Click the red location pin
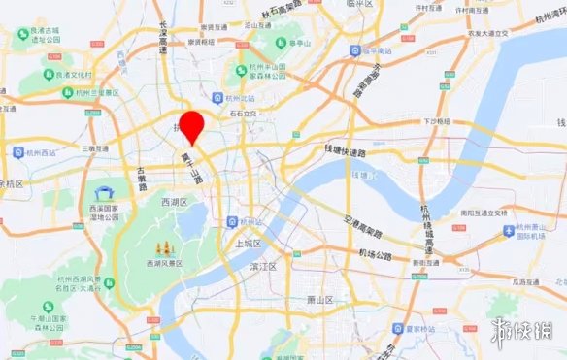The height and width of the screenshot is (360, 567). click(x=194, y=127)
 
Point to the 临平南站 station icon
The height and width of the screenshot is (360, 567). click(x=357, y=49)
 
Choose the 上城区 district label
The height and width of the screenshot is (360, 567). click(x=250, y=244)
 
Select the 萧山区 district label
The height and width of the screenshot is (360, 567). click(x=319, y=300)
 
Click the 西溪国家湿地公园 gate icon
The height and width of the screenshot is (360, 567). click(x=104, y=193)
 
